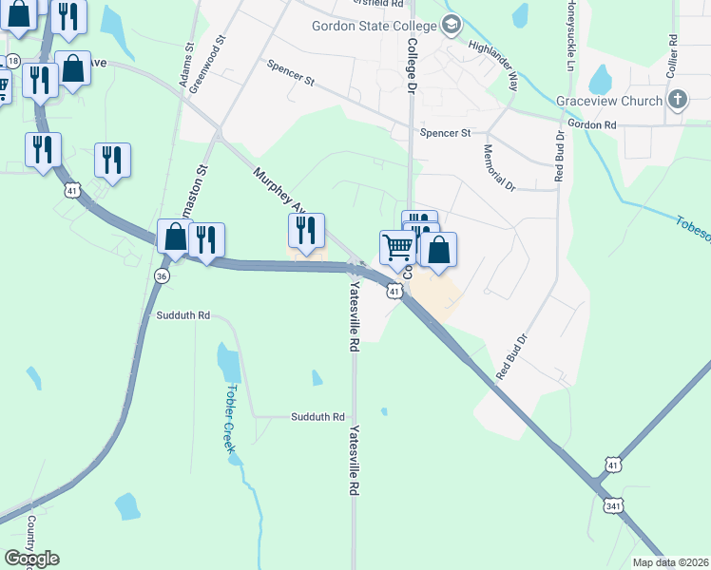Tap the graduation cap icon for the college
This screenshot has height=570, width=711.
click(x=452, y=25)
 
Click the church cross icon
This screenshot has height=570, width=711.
click(x=678, y=99)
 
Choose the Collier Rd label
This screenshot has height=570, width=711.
click(x=672, y=56)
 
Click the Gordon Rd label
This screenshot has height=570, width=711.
click(x=591, y=124)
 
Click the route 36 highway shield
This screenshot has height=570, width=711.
click(x=161, y=275)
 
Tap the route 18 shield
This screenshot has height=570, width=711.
click(x=12, y=61)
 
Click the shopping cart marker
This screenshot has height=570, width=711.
click(x=398, y=248)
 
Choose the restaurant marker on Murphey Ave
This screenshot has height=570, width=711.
click(x=306, y=231)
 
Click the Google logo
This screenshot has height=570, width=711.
click(x=31, y=559)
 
